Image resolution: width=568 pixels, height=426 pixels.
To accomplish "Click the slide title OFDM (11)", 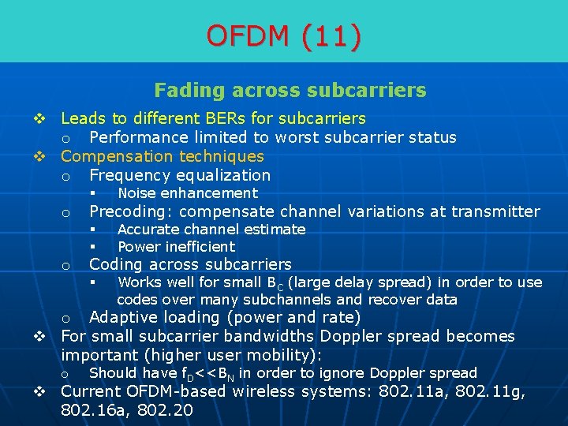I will pos(284,35).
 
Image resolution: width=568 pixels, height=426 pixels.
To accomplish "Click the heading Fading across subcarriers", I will pos(290,91).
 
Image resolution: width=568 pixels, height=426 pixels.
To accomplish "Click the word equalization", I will pos(225,175).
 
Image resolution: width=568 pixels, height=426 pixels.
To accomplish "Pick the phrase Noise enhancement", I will pos(188,193).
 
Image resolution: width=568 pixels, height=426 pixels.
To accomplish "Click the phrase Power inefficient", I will pos(176,246).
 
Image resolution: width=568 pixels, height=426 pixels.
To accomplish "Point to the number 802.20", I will pos(166,410).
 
